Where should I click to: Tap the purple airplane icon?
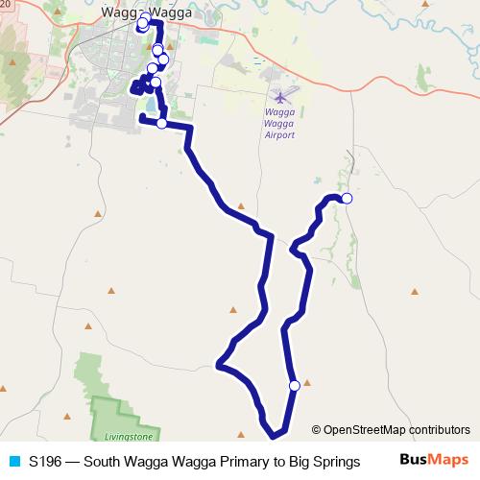pyautogui.click(x=280, y=96)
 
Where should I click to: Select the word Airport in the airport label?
pyautogui.click(x=279, y=134)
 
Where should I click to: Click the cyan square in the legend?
pyautogui.click(x=12, y=461)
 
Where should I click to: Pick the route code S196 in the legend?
pyautogui.click(x=46, y=461)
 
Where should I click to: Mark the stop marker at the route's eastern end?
pyautogui.click(x=347, y=199)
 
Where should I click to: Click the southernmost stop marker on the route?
pyautogui.click(x=294, y=386)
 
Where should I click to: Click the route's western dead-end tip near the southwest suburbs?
pyautogui.click(x=142, y=117)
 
